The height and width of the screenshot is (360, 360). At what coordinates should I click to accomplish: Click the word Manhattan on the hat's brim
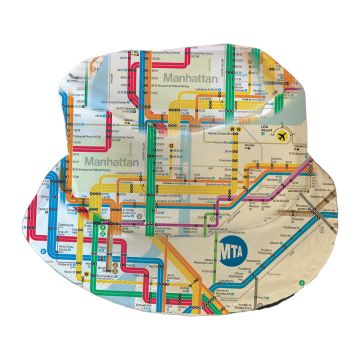coord(111,160)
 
